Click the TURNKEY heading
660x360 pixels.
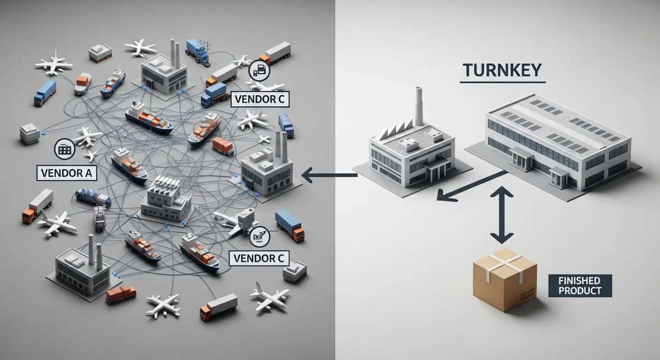(502, 70)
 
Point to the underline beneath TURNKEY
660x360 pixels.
(502, 83)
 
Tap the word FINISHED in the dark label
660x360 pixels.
(579, 281)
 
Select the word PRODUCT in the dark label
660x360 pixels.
(579, 290)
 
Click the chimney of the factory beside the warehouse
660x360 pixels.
(419, 107)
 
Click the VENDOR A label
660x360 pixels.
(66, 173)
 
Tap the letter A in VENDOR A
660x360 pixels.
(88, 173)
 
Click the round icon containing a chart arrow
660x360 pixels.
(259, 238)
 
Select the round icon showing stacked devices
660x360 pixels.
(259, 69)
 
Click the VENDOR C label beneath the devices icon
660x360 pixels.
(260, 99)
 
